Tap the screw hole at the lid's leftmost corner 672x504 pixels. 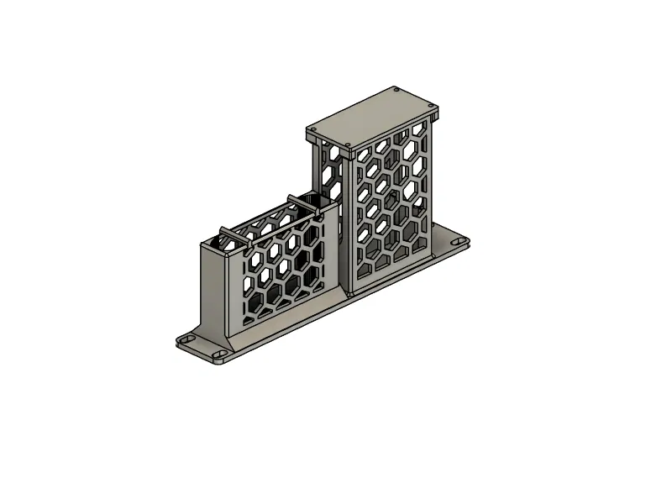point(312,131)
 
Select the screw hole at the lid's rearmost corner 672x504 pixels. point(395,89)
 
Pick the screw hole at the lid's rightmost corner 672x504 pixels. point(435,108)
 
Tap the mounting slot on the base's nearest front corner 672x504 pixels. point(221,355)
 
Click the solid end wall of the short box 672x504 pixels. point(213,286)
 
